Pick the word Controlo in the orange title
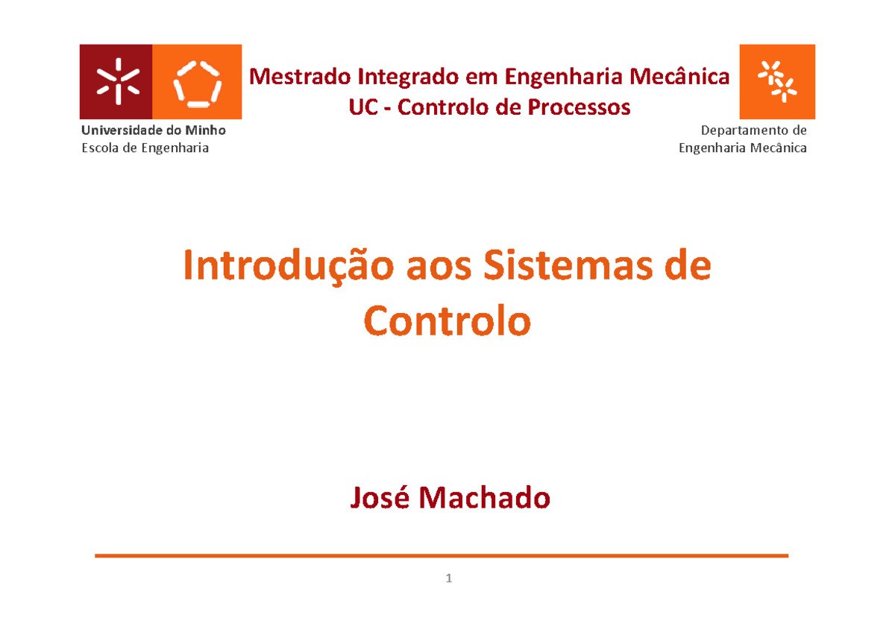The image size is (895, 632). click(447, 322)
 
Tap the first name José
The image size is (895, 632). click(380, 498)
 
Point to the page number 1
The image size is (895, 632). click(448, 578)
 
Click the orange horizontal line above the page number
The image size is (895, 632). click(442, 555)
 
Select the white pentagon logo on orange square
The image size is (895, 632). click(198, 82)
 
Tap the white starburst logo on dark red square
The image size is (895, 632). click(116, 82)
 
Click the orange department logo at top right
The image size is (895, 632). click(776, 80)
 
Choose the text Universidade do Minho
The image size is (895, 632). click(153, 130)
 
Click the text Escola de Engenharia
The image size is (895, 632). click(145, 148)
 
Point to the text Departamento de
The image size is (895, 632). click(753, 130)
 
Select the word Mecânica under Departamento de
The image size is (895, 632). click(779, 148)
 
